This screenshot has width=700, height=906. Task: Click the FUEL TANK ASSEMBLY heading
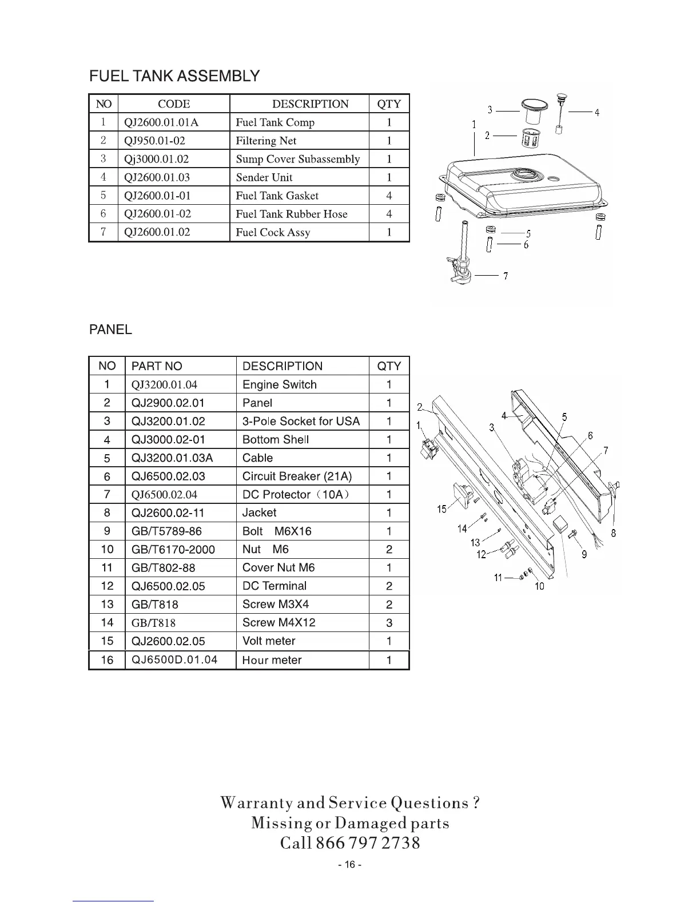click(174, 76)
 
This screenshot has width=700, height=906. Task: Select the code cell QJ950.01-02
click(154, 141)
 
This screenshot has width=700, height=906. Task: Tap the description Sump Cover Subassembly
click(298, 159)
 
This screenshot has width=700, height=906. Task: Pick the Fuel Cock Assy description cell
click(273, 232)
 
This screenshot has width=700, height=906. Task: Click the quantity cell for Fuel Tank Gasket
click(389, 196)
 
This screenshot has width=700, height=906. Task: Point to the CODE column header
click(174, 104)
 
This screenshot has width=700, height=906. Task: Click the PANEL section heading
click(110, 329)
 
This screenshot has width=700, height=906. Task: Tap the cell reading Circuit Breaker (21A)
click(297, 476)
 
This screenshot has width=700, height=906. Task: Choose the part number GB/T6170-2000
click(173, 549)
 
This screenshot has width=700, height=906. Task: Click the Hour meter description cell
click(272, 660)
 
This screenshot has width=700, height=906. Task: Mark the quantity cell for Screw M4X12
click(389, 623)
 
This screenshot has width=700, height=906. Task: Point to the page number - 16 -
click(349, 865)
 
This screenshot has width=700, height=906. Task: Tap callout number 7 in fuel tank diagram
click(506, 276)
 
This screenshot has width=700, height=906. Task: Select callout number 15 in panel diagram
click(442, 508)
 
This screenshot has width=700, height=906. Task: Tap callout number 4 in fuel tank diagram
click(596, 113)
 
